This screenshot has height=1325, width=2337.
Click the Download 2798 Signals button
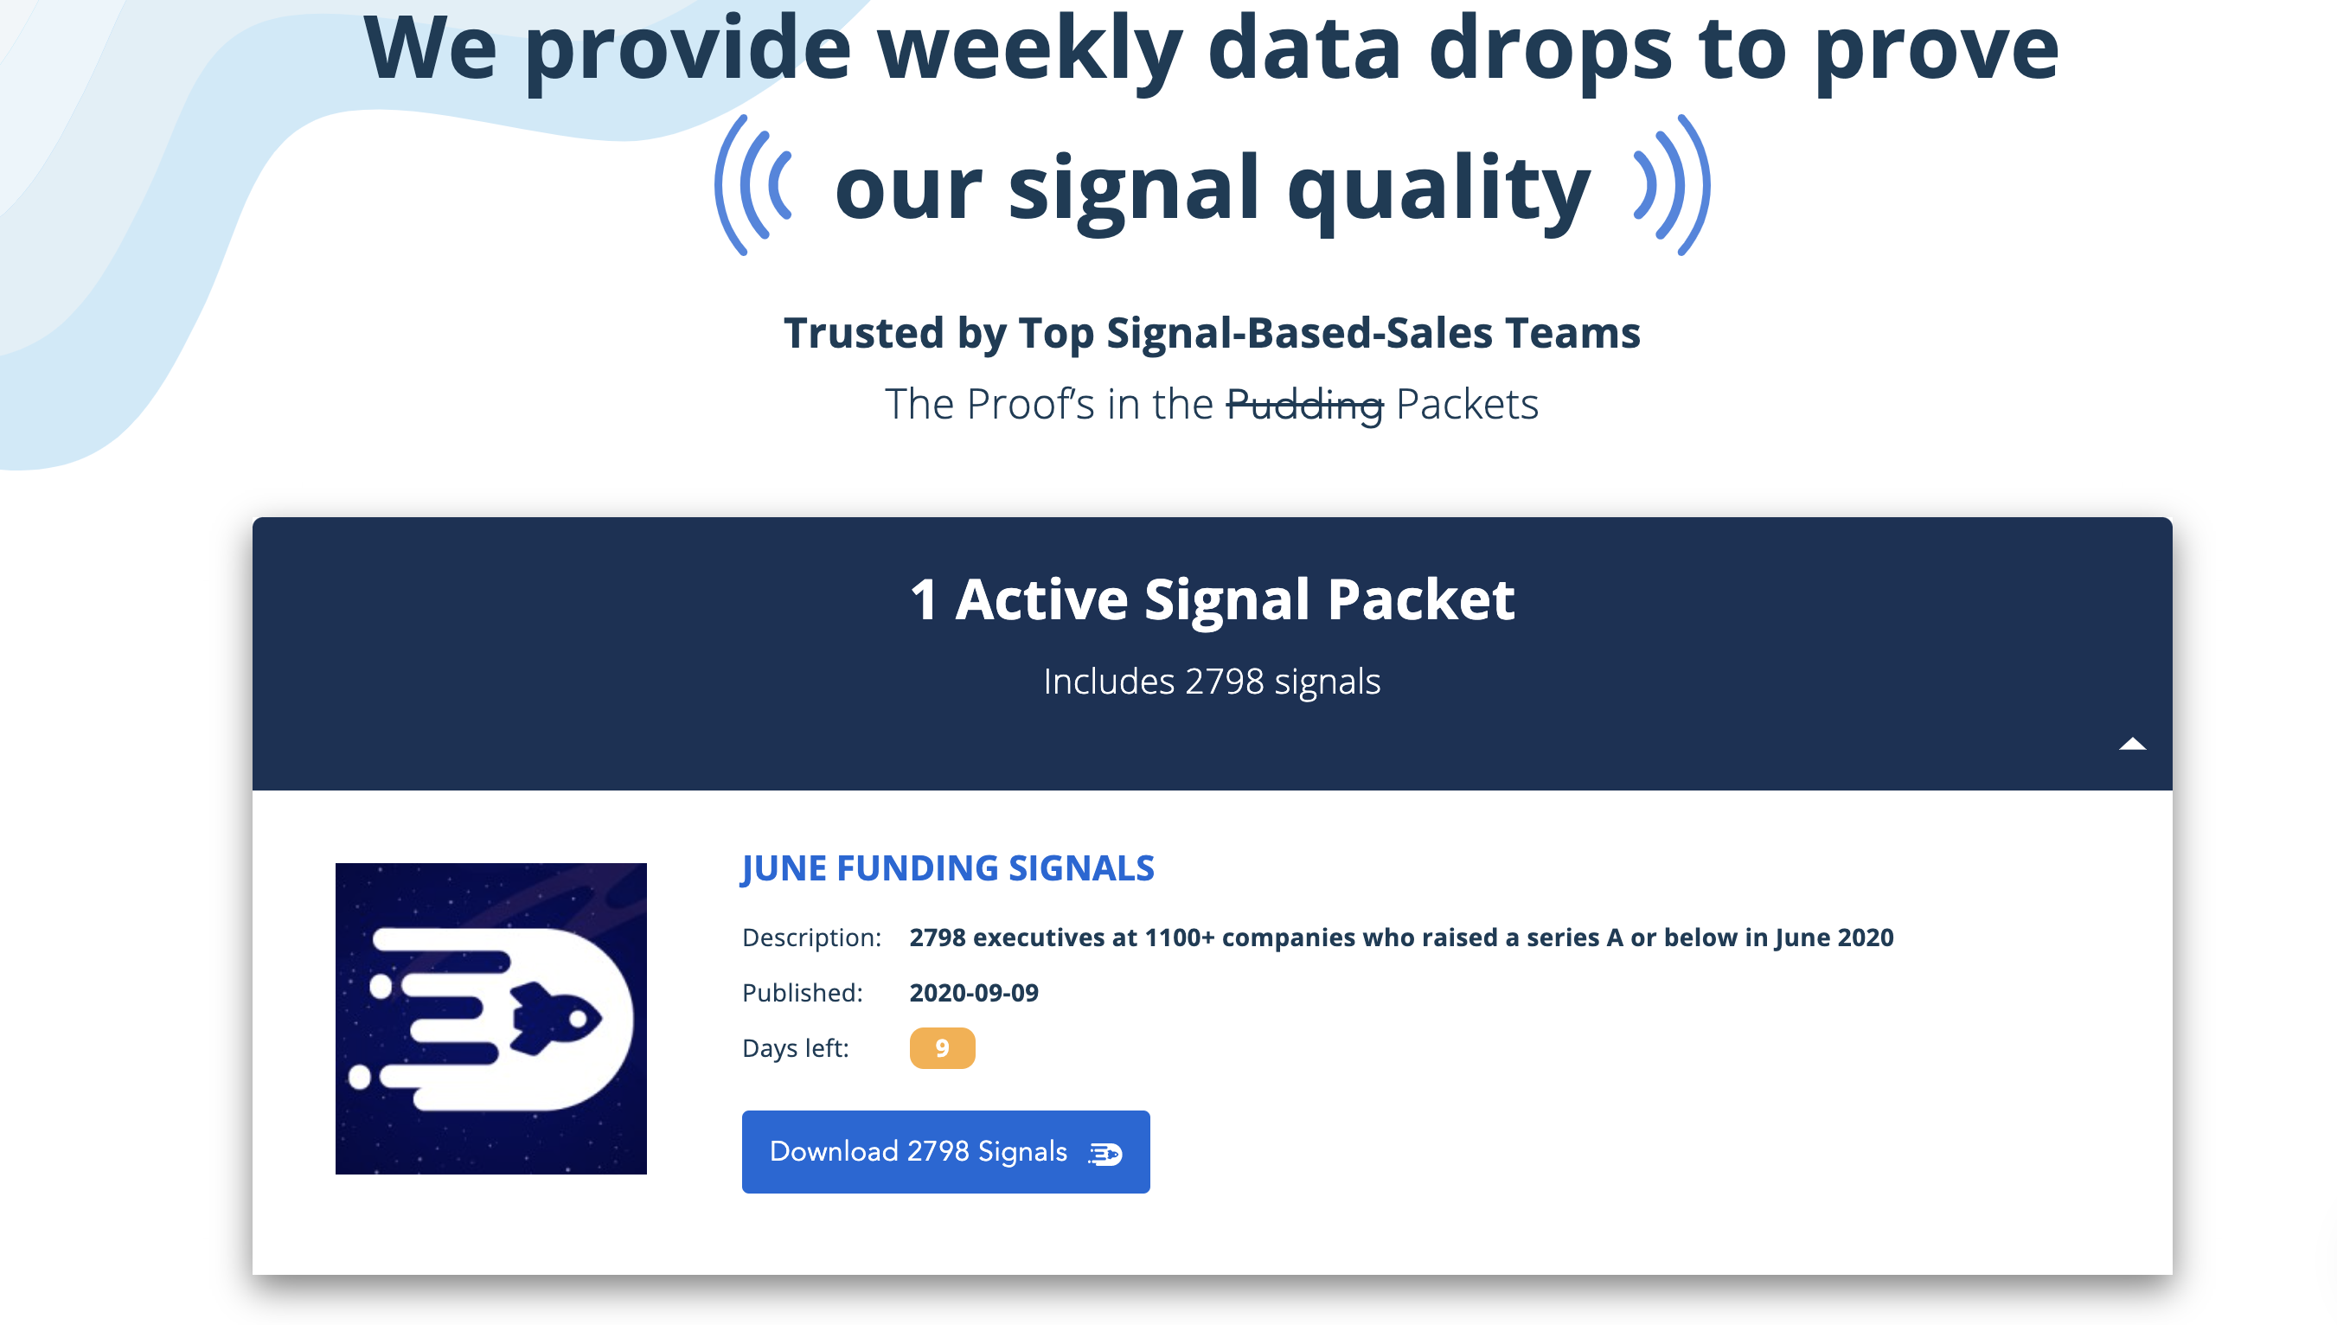click(944, 1151)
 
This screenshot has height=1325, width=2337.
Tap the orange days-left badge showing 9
click(942, 1047)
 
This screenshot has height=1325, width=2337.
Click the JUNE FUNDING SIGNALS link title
click(947, 868)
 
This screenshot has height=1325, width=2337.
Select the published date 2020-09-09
click(974, 992)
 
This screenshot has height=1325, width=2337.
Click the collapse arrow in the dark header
click(2131, 745)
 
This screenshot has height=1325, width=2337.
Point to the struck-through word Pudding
click(1304, 404)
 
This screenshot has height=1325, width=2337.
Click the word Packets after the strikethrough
click(1466, 404)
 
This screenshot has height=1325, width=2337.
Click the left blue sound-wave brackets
click(752, 185)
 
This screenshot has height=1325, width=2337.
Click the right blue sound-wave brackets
click(1673, 185)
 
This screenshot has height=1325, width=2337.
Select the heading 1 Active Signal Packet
click(1213, 599)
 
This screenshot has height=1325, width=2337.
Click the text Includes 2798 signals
click(1211, 682)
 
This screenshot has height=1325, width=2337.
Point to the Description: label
click(810, 938)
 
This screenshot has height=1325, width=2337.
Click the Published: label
click(802, 992)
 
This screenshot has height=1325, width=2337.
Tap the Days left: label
click(795, 1047)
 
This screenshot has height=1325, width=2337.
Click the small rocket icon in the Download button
click(1105, 1154)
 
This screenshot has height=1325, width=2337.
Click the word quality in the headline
click(1437, 189)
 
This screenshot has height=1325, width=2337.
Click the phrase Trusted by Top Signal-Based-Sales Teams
click(1211, 332)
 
